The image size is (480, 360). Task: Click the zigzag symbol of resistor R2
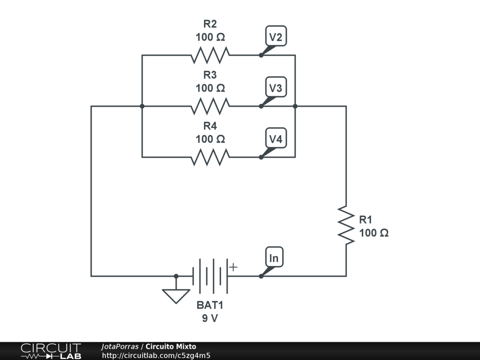(x=210, y=55)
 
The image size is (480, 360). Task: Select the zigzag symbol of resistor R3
(x=210, y=106)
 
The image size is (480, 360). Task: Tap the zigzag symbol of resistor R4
(x=210, y=157)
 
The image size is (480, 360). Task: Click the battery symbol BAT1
(x=210, y=276)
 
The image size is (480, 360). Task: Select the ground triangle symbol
(x=176, y=295)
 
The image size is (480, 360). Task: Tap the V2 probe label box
(x=275, y=37)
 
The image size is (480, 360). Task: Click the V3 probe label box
(x=275, y=88)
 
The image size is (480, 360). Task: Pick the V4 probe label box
(x=275, y=139)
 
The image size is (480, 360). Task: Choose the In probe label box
(x=274, y=258)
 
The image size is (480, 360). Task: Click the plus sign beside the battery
(x=233, y=267)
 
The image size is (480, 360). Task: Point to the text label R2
(x=210, y=24)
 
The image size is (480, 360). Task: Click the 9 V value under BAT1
(x=210, y=318)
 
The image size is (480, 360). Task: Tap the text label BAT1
(x=210, y=305)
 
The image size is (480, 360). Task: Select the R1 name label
(x=366, y=219)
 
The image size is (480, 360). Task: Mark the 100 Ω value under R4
(x=210, y=139)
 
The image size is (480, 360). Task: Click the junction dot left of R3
(x=142, y=106)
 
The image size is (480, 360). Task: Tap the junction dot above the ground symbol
(x=176, y=276)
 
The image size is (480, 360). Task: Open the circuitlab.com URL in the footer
(x=156, y=355)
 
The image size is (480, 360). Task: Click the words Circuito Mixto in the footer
(x=171, y=346)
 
